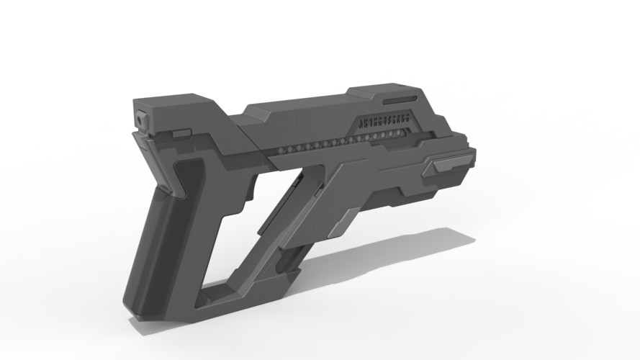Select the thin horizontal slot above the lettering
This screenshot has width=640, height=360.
coord(399,97)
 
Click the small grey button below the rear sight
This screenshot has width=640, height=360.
coord(181,133)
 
